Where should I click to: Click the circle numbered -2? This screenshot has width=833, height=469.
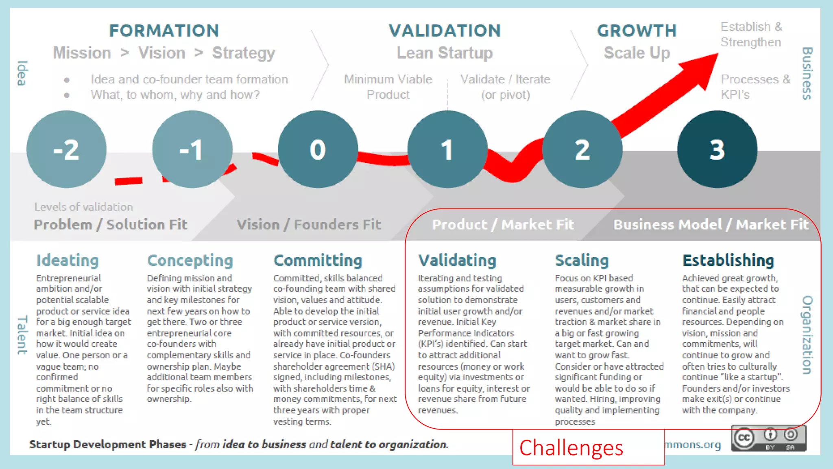point(66,149)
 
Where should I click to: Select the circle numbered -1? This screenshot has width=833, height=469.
point(192,149)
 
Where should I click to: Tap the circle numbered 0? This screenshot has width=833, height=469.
point(318,149)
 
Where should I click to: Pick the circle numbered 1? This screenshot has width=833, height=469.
point(447,149)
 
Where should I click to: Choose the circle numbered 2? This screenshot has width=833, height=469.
point(582,149)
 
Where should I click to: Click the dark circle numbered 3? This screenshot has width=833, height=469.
point(717,149)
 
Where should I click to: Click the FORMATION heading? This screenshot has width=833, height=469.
point(164,31)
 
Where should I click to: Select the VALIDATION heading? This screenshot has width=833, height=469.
point(445,31)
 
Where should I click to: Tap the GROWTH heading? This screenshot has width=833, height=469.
point(637,31)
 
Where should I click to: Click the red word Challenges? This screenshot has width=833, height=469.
point(571,448)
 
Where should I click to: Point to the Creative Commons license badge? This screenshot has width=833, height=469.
point(768,438)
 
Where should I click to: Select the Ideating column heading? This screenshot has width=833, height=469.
point(68,260)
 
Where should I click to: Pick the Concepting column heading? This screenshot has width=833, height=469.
point(190,260)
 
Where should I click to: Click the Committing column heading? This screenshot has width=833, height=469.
point(318,260)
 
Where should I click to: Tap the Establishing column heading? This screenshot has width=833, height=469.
point(728,260)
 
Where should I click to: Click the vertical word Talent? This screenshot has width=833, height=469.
point(22,335)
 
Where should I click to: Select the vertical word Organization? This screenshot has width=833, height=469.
point(807,335)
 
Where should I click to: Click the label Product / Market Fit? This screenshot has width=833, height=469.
point(503,224)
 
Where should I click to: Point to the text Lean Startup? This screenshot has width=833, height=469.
point(445,53)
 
